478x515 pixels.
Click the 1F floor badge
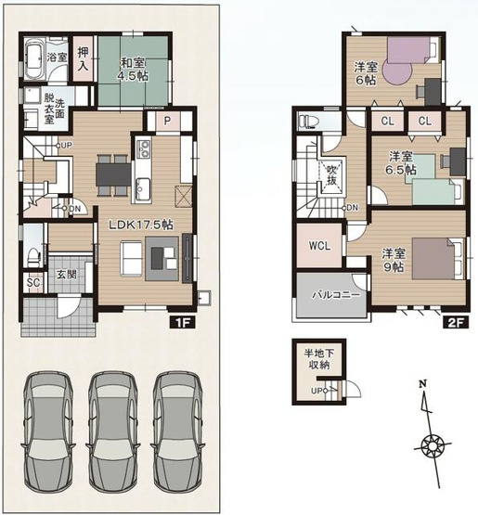tap(183, 323)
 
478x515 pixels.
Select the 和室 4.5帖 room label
tap(133, 69)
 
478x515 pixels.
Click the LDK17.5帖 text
tap(141, 225)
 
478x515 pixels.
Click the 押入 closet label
tap(83, 58)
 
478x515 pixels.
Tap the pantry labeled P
tap(167, 121)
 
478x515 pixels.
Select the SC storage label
tap(32, 282)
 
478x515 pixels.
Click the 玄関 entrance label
tap(67, 275)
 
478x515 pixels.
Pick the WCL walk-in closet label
tap(319, 246)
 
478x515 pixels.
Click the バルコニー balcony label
tap(336, 294)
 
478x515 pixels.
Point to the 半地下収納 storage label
tap(319, 359)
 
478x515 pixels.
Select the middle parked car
tap(112, 432)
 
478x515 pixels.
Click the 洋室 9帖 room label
tap(394, 260)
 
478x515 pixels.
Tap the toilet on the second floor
tap(309, 122)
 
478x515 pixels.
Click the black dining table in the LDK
tap(113, 175)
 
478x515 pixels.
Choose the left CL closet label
tap(388, 122)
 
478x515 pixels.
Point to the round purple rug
tap(397, 73)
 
